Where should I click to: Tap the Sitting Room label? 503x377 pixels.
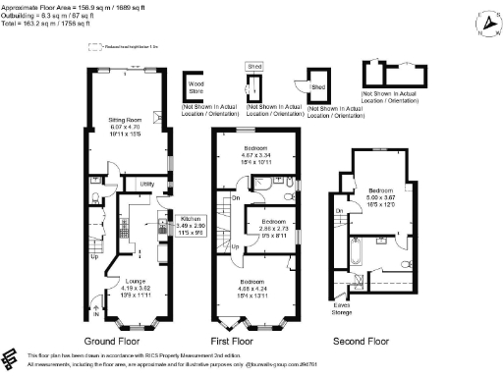tap(125, 121)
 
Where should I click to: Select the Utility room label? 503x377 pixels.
tap(146, 184)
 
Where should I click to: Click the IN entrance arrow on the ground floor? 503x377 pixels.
tap(95, 313)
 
